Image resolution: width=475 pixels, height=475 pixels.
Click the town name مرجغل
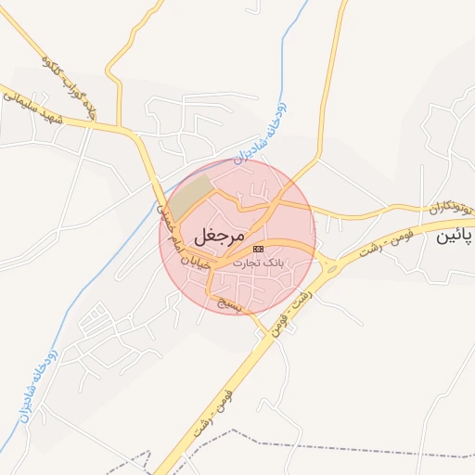tap(220, 236)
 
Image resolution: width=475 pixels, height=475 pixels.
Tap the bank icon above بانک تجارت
tap(258, 249)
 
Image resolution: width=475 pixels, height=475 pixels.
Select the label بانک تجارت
tap(259, 263)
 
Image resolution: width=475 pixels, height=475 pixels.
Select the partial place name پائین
tap(455, 237)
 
